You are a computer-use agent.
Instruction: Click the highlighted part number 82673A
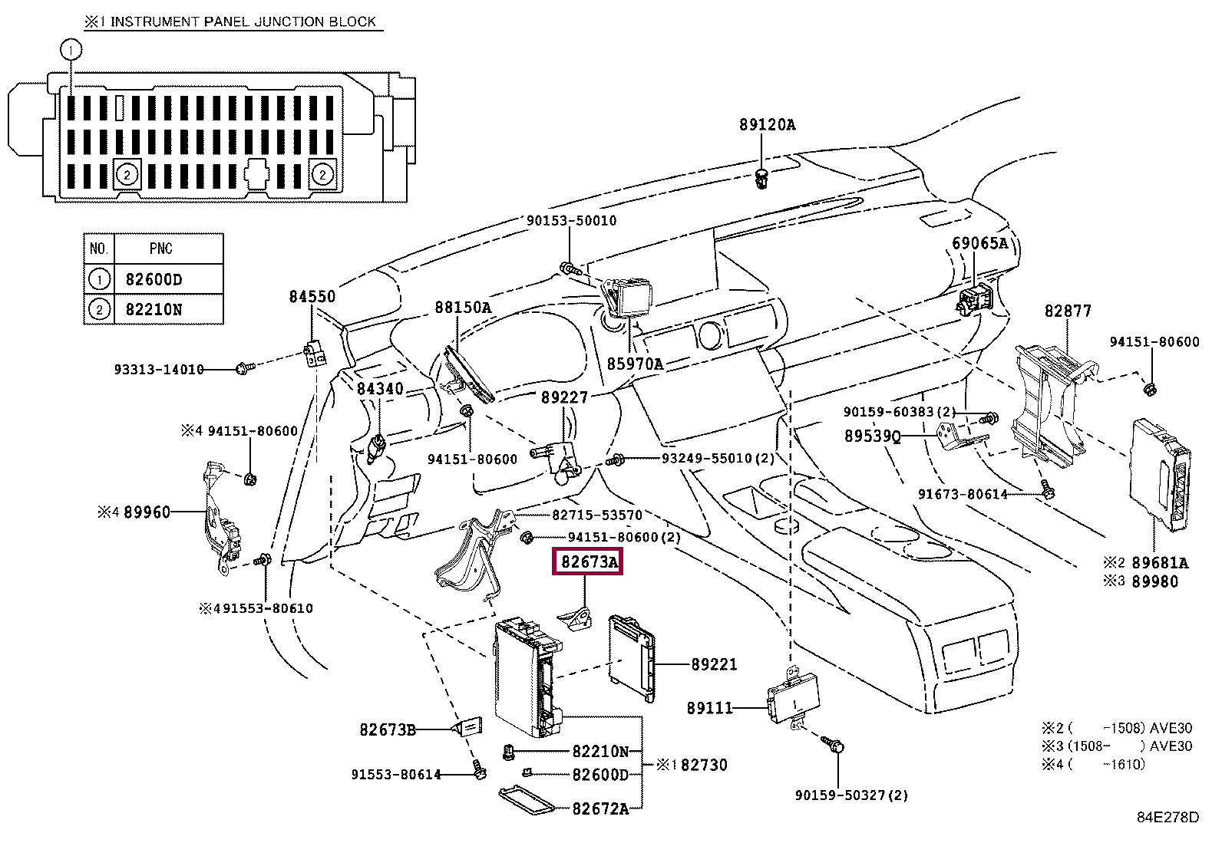tap(589, 562)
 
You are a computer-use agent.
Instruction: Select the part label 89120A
tap(767, 124)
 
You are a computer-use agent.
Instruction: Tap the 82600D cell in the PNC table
tap(154, 279)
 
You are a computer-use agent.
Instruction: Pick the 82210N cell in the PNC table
tap(154, 310)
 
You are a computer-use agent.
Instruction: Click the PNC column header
tap(160, 249)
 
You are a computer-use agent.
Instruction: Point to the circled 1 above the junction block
tap(71, 50)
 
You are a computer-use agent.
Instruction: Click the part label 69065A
tap(979, 243)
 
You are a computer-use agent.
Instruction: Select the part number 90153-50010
tap(571, 221)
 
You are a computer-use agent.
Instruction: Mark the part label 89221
tap(714, 664)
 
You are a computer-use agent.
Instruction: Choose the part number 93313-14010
tap(159, 370)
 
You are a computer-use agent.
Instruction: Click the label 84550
tap(312, 296)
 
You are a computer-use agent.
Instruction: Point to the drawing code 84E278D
tap(1168, 818)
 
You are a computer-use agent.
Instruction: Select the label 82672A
tap(600, 808)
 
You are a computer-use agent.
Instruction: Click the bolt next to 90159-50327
tap(835, 746)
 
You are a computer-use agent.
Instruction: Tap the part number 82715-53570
tap(596, 515)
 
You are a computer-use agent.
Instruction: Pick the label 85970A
tap(635, 364)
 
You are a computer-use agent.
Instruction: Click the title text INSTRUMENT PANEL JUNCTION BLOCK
tap(243, 21)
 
